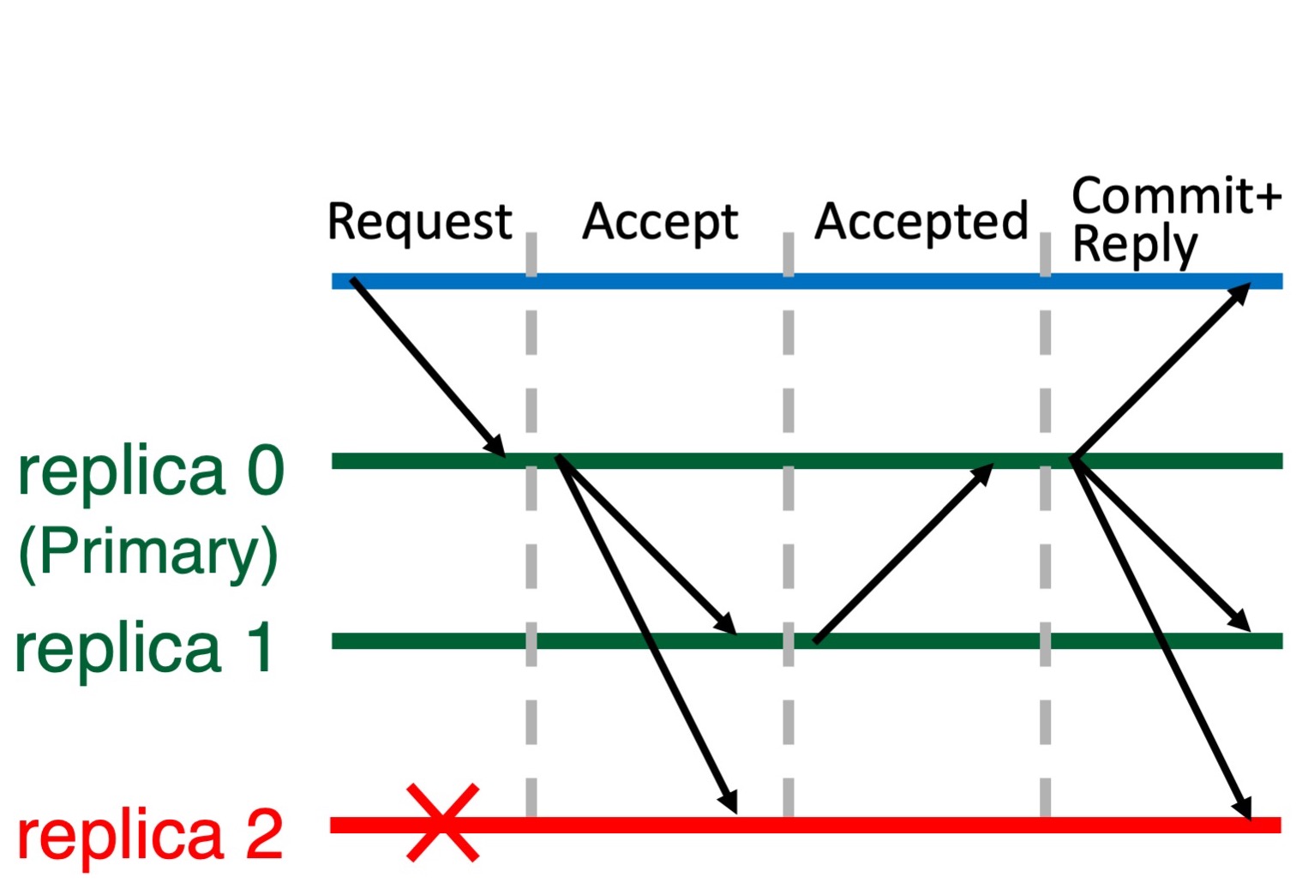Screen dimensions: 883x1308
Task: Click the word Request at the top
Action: click(x=419, y=222)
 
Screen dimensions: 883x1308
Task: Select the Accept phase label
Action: click(x=660, y=222)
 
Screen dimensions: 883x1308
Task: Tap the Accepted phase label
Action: click(x=921, y=222)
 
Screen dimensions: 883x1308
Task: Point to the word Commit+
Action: click(x=1176, y=195)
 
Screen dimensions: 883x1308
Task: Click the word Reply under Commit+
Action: click(x=1134, y=246)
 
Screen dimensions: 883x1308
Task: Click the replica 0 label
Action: click(x=150, y=472)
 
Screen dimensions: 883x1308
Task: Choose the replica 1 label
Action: click(x=144, y=649)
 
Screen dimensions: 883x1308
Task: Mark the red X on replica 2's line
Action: click(x=442, y=823)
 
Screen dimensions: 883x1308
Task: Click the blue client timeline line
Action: click(x=806, y=281)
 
